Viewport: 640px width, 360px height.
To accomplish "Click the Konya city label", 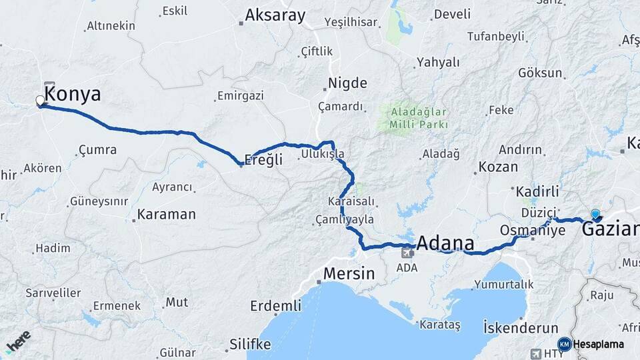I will [x=73, y=95].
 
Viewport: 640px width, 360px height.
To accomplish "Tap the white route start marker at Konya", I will [x=41, y=101].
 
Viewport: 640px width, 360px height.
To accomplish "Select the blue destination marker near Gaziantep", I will [x=595, y=215].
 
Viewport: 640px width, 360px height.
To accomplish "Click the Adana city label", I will [x=446, y=242].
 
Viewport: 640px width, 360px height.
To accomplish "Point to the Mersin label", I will [x=349, y=273].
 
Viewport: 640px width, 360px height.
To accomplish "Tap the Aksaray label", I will [x=275, y=15].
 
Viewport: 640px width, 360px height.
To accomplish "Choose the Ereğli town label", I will [x=265, y=159].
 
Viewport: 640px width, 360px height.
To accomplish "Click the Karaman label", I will [x=166, y=215].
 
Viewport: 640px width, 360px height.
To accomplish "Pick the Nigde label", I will [x=347, y=83].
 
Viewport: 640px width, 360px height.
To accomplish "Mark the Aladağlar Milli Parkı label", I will [x=419, y=117].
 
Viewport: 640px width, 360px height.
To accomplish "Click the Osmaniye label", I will [x=533, y=230].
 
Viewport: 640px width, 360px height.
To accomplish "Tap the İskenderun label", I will [x=520, y=327].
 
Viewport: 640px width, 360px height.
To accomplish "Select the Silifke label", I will [x=250, y=344].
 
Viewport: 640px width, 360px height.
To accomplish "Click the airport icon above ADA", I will [x=407, y=252].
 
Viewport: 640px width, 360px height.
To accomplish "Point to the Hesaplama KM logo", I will [x=565, y=344].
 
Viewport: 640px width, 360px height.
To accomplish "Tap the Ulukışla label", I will [x=323, y=154].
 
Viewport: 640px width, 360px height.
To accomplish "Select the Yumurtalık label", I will [x=504, y=284].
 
